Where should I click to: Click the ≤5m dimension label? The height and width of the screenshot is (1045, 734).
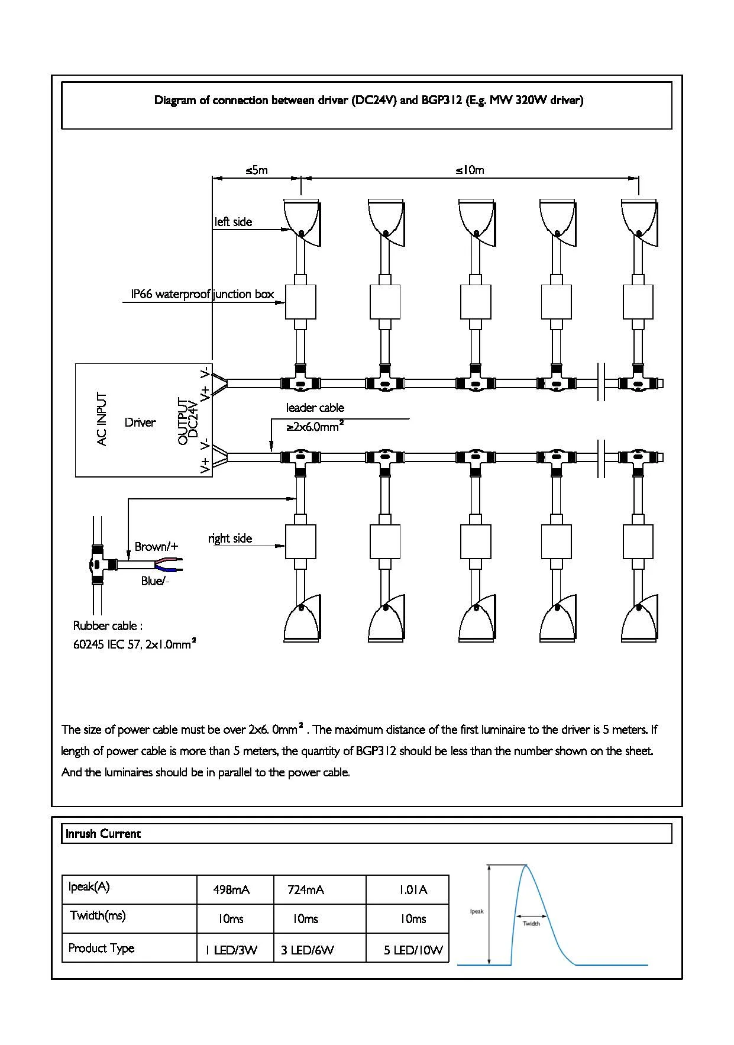point(257,170)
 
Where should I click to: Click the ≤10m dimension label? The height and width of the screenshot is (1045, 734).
point(470,170)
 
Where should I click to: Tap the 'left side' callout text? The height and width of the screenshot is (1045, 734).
point(233,222)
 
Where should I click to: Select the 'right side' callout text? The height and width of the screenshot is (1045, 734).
point(230,538)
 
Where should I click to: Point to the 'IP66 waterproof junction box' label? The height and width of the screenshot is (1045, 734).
point(202,294)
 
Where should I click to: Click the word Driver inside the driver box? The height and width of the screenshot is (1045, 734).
point(140,422)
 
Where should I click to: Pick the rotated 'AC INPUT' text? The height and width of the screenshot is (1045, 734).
point(102,419)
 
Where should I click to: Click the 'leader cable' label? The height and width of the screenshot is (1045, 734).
point(315,408)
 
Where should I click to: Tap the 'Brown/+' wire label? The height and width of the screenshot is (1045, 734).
point(156,547)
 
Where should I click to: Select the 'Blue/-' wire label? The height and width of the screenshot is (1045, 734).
point(155,581)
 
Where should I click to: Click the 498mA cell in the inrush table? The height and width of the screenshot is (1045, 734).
point(231,890)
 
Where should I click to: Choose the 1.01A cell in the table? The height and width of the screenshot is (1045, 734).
point(413,890)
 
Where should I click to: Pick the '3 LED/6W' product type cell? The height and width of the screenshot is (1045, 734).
point(308,950)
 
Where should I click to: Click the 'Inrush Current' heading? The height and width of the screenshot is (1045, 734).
point(103,834)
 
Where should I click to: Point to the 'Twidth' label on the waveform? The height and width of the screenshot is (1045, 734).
point(531,924)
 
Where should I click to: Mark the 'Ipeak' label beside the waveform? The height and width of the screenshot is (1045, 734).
point(477,911)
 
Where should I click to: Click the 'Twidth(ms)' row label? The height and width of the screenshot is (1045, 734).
point(98,915)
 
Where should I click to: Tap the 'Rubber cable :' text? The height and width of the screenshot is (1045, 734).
point(108,626)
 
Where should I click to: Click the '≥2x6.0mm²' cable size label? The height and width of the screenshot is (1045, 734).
point(315,427)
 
